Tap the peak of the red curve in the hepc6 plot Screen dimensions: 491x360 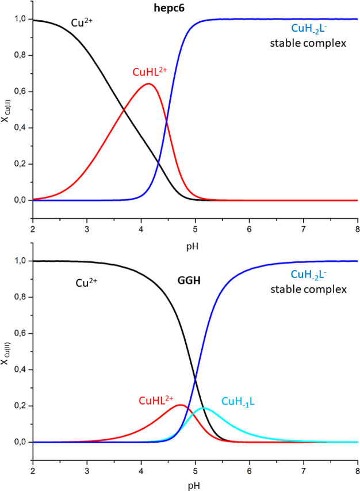(148, 84)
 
